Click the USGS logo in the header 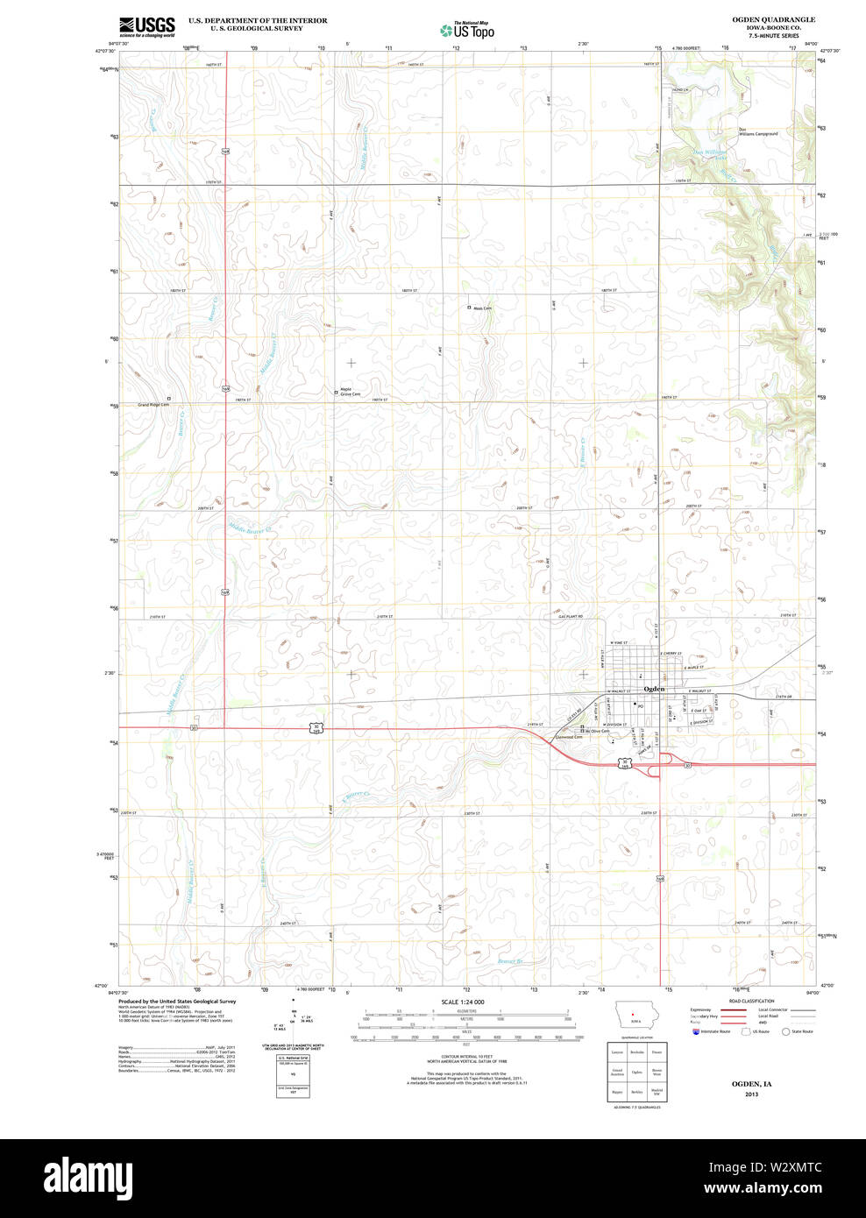[146, 25]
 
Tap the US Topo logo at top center [467, 31]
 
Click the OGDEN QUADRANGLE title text [773, 19]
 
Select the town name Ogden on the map [654, 689]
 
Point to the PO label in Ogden [641, 706]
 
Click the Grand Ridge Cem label [153, 405]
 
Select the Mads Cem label [482, 308]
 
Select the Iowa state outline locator [630, 1017]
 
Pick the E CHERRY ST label [671, 654]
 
